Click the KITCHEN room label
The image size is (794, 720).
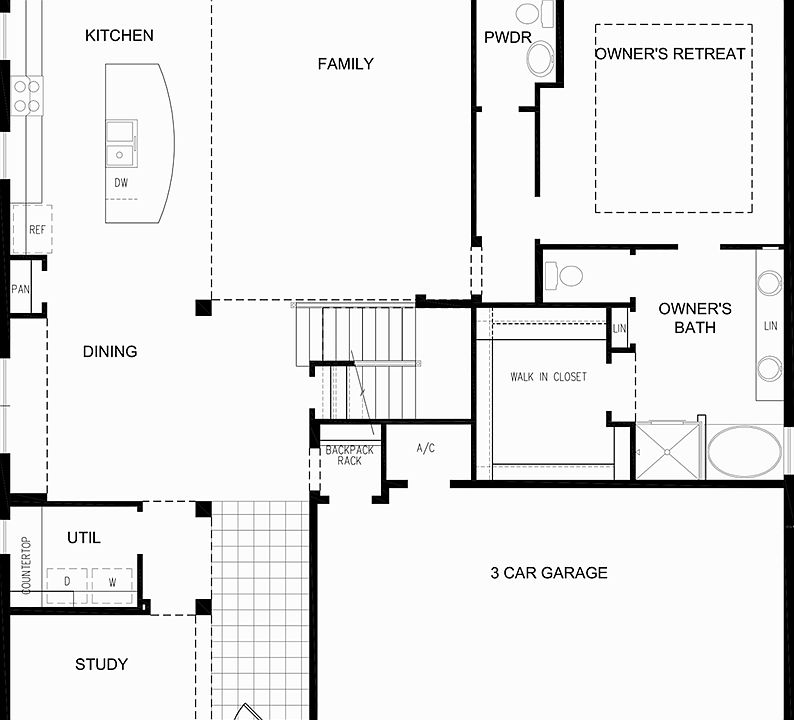pos(119,36)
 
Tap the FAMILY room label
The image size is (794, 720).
pos(345,64)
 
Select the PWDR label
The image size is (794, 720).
pos(501,37)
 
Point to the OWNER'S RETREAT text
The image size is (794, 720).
pos(670,53)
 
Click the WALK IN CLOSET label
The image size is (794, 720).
pos(548,377)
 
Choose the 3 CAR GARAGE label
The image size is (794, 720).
pos(548,573)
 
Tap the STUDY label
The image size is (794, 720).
pos(101,664)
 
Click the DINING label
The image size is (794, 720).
pos(110,352)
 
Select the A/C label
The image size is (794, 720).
pos(425,449)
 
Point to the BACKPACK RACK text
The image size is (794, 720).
pos(349,455)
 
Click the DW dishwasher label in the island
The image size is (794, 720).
pos(121,183)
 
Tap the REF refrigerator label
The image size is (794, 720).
pos(37,230)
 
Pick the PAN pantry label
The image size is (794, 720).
pos(20,290)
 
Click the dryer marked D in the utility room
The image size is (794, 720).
pos(67,582)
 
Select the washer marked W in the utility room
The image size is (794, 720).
pos(111,582)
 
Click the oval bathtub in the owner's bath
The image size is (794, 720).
pos(746,451)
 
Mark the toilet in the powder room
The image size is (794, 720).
pos(540,58)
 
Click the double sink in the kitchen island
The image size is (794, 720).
pos(122,143)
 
